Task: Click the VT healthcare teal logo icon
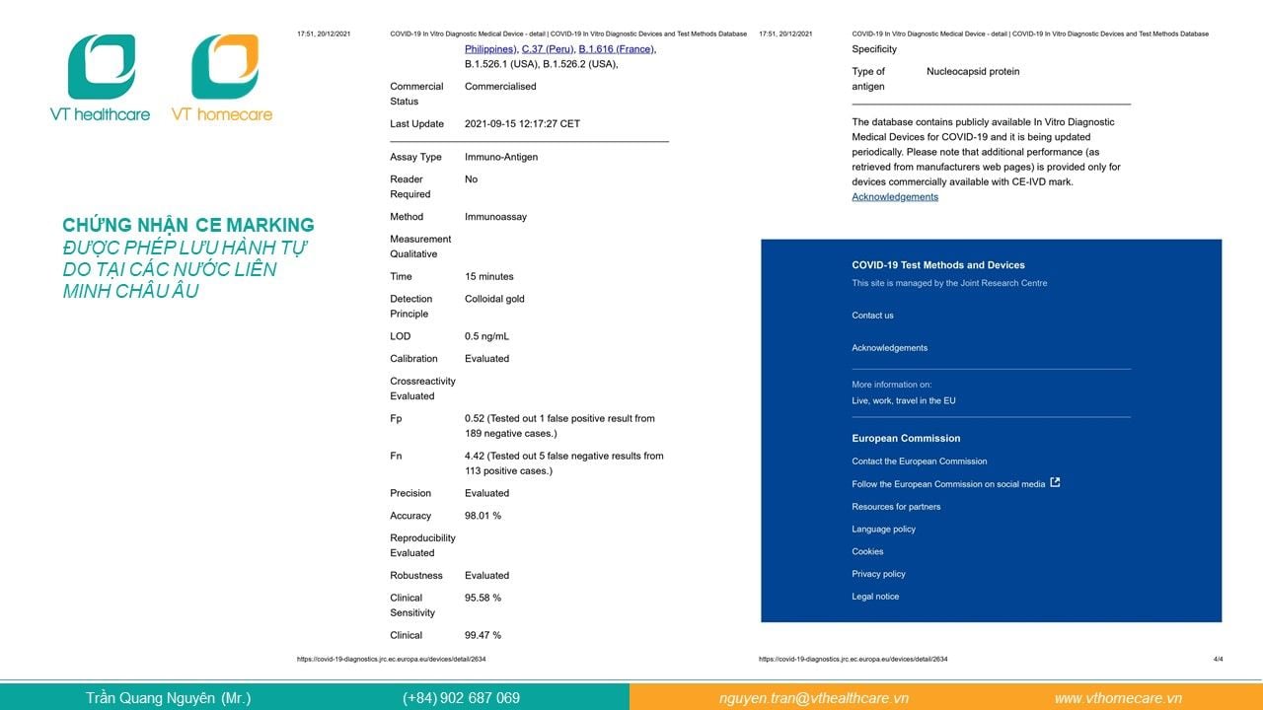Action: (101, 66)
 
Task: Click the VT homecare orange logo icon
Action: (225, 66)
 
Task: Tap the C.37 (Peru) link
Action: (548, 49)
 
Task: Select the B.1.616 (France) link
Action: (616, 49)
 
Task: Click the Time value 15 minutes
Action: (488, 277)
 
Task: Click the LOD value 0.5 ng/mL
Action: (486, 336)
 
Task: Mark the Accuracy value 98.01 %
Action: (483, 516)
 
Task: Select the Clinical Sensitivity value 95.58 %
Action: (483, 598)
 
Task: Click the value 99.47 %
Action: (483, 635)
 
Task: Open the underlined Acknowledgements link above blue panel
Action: (895, 197)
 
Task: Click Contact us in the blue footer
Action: (872, 316)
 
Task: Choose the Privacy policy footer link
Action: (878, 574)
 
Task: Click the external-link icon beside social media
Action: (1055, 483)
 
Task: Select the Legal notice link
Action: (875, 597)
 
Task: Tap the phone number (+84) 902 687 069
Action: (461, 698)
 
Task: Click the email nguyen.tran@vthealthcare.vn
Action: (813, 698)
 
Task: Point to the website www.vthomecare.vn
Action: (1118, 698)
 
